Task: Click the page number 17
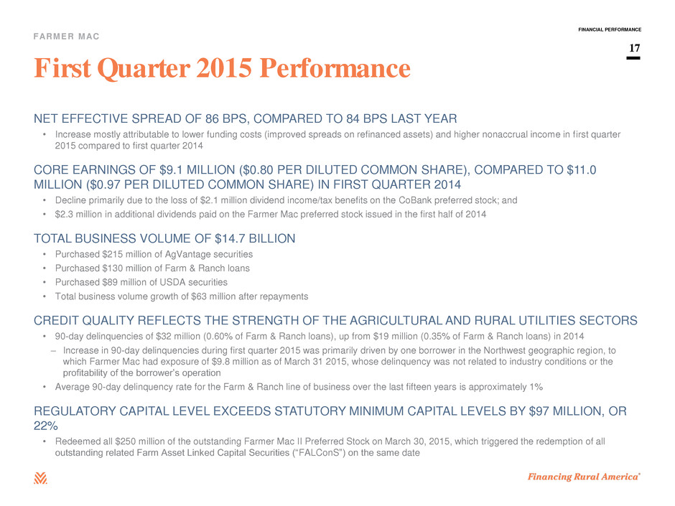(x=635, y=48)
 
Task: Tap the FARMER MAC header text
(x=66, y=37)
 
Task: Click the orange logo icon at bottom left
(x=40, y=478)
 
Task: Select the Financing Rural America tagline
(x=584, y=477)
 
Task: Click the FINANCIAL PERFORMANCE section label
(x=610, y=29)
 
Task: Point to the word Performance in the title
(x=335, y=68)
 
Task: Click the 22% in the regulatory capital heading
(x=46, y=426)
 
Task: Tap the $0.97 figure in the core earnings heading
(x=103, y=184)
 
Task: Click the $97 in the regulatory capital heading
(x=539, y=411)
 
